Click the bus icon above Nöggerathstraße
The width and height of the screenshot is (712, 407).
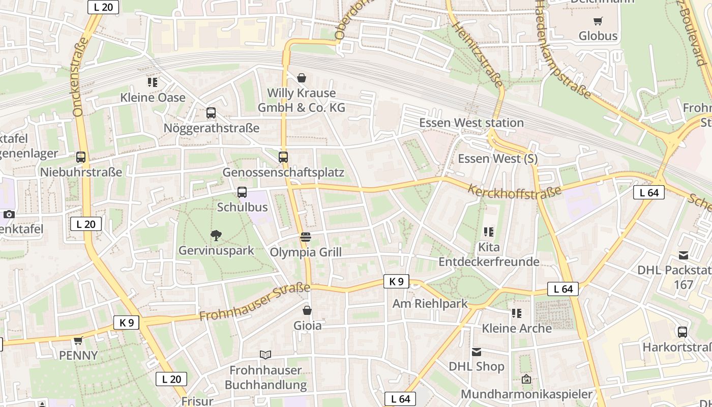click(211, 113)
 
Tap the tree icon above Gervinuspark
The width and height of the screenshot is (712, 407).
click(216, 235)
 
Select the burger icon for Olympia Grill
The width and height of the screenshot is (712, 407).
click(306, 237)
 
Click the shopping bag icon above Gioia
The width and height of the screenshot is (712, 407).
click(307, 310)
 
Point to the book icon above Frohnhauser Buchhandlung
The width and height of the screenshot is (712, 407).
click(265, 355)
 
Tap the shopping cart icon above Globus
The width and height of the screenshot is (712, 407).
click(598, 21)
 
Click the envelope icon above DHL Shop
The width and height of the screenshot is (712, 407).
click(477, 352)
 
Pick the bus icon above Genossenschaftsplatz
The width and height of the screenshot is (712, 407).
click(283, 157)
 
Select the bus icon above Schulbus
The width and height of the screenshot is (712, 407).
click(242, 192)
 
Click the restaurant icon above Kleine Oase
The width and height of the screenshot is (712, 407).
click(152, 82)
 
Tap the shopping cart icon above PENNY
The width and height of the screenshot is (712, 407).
click(78, 340)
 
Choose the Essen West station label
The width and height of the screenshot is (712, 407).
click(471, 123)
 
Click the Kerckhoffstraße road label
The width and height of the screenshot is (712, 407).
click(514, 191)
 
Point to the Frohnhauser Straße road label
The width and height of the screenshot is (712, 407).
click(254, 302)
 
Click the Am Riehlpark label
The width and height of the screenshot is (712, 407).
click(430, 304)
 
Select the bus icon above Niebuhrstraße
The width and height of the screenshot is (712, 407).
click(81, 157)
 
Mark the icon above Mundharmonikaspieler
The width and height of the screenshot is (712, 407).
click(526, 379)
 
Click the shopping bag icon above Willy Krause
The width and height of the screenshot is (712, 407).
click(302, 78)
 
